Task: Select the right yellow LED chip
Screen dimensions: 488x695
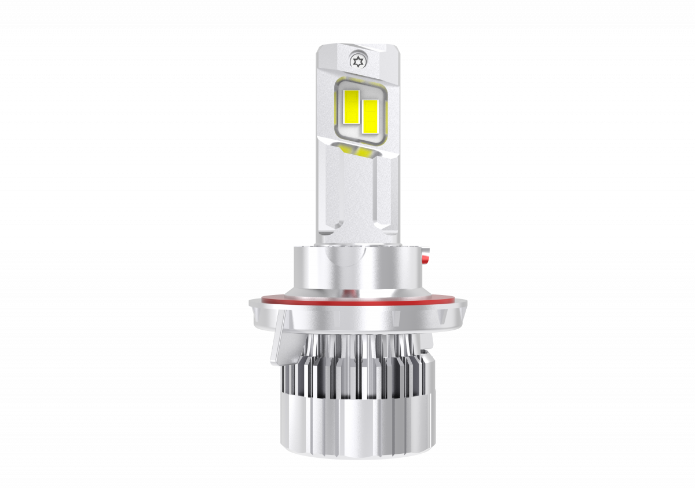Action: [370, 114]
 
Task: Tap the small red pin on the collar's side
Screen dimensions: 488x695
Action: [426, 254]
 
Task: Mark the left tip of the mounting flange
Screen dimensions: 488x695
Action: [251, 302]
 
